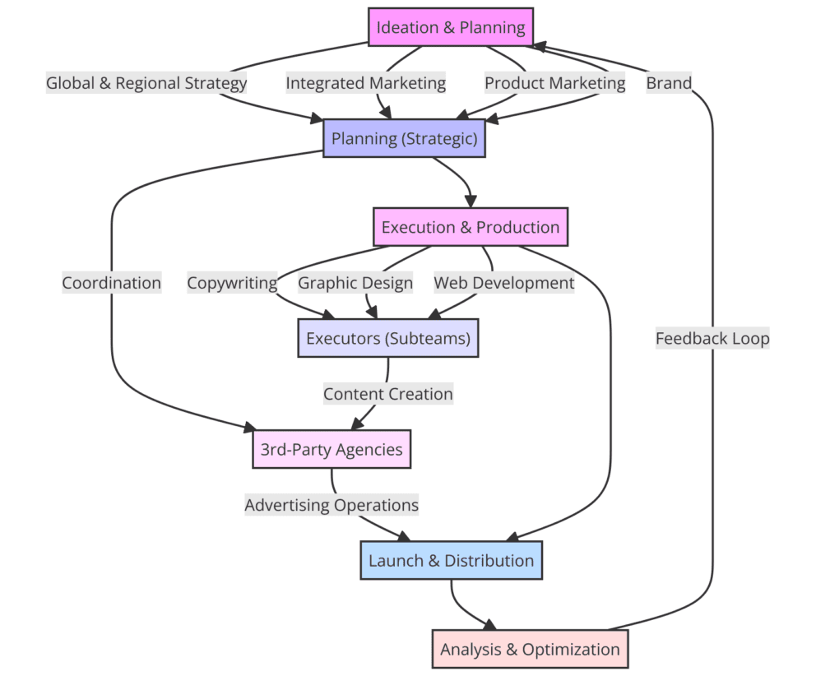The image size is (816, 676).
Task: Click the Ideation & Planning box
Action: coord(450,27)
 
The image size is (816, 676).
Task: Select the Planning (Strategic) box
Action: coord(404,138)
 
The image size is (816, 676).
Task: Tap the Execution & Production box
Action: coord(470,227)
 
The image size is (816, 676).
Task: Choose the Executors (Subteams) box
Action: coord(387,338)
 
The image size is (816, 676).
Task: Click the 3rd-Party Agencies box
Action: coord(331,449)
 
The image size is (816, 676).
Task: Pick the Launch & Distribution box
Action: coord(451,561)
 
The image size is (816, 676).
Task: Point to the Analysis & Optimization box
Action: coord(530,649)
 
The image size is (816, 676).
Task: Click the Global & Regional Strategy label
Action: coord(146,82)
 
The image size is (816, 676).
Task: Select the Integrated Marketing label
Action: coord(365,82)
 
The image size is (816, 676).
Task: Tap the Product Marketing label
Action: coord(554,82)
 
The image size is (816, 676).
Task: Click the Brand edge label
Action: coord(668,82)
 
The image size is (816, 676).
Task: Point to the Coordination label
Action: coord(111,283)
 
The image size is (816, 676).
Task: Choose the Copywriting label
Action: coord(232,283)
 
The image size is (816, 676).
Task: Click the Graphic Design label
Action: coord(355,283)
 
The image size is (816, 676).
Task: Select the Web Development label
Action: coord(503,283)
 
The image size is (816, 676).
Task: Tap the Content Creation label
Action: coord(387,394)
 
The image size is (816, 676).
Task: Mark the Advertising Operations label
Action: coord(331,505)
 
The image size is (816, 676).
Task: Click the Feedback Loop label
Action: coord(712,338)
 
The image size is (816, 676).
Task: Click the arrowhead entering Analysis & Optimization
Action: coord(492,625)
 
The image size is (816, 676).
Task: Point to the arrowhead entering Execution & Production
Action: coord(470,202)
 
